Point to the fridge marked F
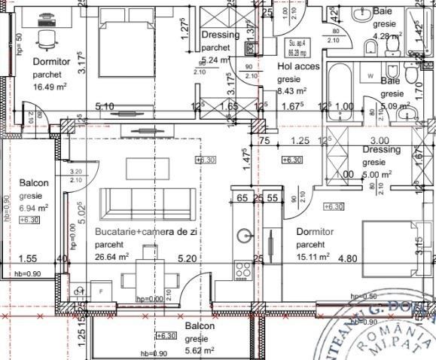click(x=101, y=290)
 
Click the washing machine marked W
click(x=370, y=77)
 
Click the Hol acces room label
click(x=299, y=66)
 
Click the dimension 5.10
click(x=104, y=107)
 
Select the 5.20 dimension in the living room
click(x=186, y=258)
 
